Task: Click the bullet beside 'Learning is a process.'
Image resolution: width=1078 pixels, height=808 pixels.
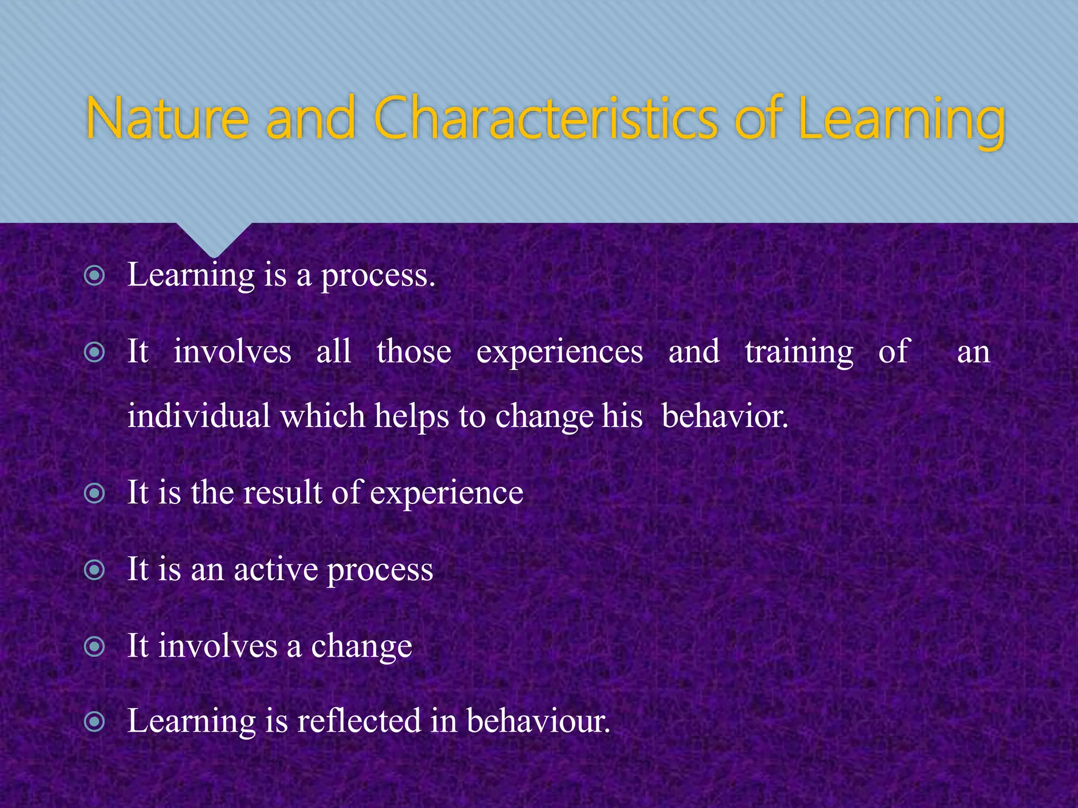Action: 95,275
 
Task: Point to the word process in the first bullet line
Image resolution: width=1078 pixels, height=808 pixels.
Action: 378,276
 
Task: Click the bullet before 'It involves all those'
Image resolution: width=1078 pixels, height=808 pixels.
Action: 95,352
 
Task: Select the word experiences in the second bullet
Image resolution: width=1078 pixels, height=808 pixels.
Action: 560,352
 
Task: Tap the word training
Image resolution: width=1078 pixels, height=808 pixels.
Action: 798,352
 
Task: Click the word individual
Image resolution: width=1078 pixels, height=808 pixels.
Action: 199,416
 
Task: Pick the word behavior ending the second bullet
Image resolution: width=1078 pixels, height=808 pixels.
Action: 724,416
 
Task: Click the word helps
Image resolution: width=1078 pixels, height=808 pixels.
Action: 411,416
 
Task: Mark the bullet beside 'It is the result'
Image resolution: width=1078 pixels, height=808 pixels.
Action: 95,493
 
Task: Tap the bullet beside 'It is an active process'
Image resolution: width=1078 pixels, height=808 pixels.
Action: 95,570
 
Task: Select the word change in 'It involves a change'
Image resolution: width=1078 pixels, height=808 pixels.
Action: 361,647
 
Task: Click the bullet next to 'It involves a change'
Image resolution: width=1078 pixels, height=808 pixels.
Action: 95,647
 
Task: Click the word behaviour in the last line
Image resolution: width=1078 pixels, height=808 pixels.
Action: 537,721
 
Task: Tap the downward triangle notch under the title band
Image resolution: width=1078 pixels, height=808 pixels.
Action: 214,238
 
